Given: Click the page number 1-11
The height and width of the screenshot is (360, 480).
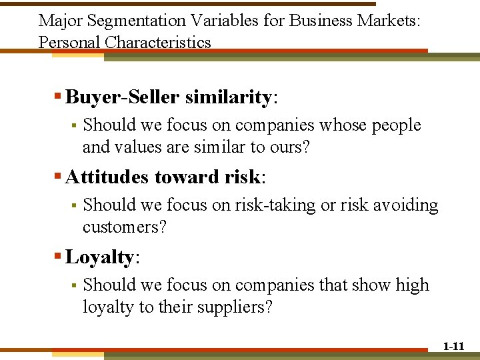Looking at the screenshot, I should (x=453, y=346).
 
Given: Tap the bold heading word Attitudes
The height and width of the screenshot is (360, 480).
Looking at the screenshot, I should (x=107, y=177).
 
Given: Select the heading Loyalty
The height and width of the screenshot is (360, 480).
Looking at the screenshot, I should (x=99, y=257).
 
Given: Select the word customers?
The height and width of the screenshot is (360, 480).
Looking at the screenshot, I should (x=125, y=227).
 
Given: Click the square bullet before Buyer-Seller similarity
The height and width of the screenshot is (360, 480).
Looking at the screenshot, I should (x=58, y=98).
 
